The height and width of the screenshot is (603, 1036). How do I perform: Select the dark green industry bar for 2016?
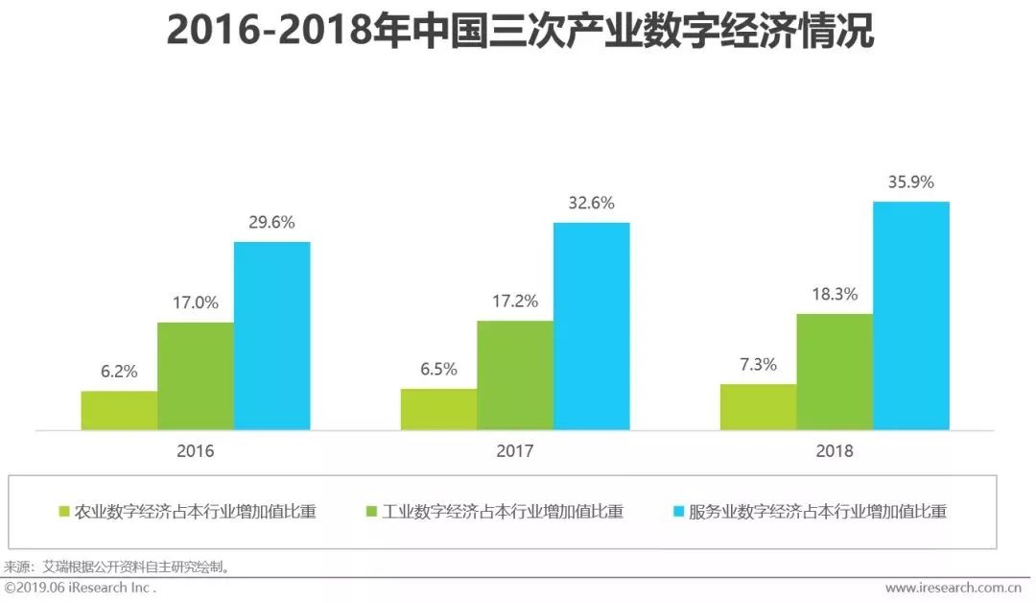pos(196,375)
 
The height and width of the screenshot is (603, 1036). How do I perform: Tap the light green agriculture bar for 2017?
pos(438,409)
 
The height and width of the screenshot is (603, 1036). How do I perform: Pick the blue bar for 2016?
pos(272,335)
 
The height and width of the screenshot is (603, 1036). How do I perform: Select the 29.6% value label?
pos(271,223)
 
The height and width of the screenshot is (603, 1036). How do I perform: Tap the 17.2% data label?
pos(514,301)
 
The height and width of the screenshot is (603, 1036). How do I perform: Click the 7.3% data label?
pos(758,365)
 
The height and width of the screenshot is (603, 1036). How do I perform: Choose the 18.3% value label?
pos(834,295)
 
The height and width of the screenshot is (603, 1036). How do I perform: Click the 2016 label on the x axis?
pos(196,450)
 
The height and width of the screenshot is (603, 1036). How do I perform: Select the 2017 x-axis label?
pos(515,450)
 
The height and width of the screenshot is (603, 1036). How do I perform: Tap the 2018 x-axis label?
pos(835,450)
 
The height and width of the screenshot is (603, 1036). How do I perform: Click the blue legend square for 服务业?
pos(679,512)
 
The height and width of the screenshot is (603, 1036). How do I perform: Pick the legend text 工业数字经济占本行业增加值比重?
pos(503,512)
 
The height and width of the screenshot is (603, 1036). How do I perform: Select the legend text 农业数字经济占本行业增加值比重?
pos(196,512)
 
